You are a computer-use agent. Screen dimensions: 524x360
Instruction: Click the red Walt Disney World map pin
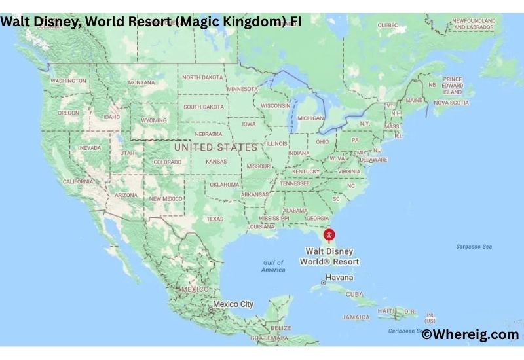pyautogui.click(x=329, y=235)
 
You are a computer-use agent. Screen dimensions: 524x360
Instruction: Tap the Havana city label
pyautogui.click(x=339, y=278)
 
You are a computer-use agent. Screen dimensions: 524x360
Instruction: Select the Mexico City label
pyautogui.click(x=233, y=304)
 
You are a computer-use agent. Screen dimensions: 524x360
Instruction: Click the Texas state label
pyautogui.click(x=214, y=219)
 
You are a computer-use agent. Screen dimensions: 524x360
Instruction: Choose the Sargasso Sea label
pyautogui.click(x=474, y=247)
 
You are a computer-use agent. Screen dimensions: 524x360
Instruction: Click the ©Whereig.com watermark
pyautogui.click(x=470, y=334)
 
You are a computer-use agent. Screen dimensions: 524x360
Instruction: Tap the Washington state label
pyautogui.click(x=68, y=81)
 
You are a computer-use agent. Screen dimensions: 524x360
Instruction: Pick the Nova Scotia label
pyautogui.click(x=451, y=103)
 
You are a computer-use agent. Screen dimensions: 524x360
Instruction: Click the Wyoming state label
pyautogui.click(x=153, y=120)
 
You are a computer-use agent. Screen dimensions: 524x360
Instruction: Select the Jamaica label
pyautogui.click(x=356, y=317)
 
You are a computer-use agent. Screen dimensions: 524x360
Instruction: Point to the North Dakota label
pyautogui.click(x=202, y=77)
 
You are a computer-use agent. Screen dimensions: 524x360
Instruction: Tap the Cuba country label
pyautogui.click(x=354, y=294)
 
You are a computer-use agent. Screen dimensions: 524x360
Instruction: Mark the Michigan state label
pyautogui.click(x=310, y=118)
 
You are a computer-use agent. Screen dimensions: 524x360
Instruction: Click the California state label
pyautogui.click(x=78, y=181)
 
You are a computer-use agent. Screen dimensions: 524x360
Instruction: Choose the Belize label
pyautogui.click(x=281, y=328)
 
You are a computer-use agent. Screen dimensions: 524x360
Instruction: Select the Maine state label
pyautogui.click(x=414, y=100)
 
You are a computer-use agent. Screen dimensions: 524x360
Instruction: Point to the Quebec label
pyautogui.click(x=387, y=25)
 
